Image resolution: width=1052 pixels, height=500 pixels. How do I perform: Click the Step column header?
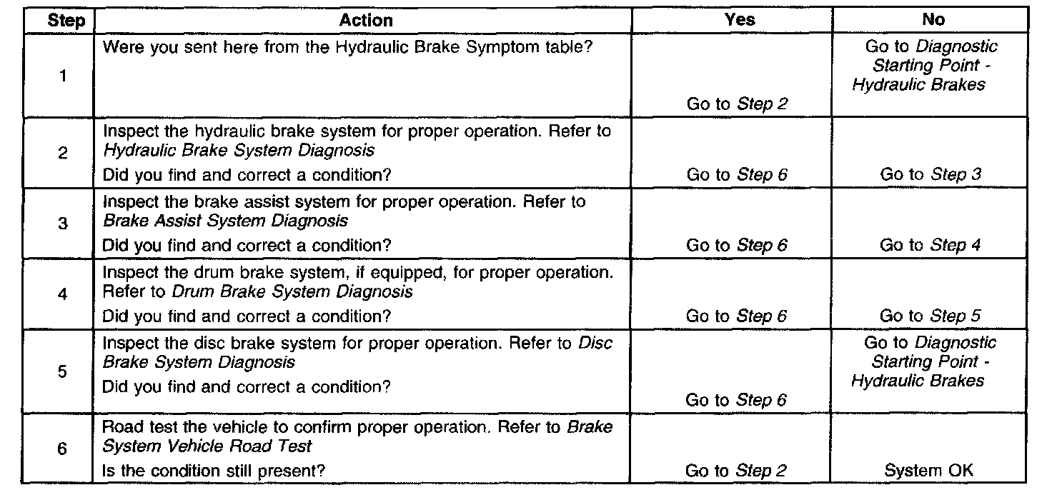pyautogui.click(x=66, y=21)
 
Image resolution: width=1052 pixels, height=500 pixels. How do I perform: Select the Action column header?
pyautogui.click(x=366, y=21)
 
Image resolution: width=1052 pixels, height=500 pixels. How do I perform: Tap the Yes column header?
pyautogui.click(x=740, y=20)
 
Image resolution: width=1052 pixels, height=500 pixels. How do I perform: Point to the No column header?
pyautogui.click(x=933, y=20)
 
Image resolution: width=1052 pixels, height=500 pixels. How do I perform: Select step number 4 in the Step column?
pyautogui.click(x=64, y=294)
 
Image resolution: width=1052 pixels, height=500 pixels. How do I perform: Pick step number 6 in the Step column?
pyautogui.click(x=64, y=449)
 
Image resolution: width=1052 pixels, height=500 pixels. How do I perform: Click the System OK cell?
pyautogui.click(x=929, y=471)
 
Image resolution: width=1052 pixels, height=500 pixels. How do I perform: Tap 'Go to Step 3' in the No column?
pyautogui.click(x=931, y=174)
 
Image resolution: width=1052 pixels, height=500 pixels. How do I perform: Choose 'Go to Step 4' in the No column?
pyautogui.click(x=931, y=245)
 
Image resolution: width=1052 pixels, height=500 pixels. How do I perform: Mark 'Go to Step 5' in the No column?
pyautogui.click(x=931, y=316)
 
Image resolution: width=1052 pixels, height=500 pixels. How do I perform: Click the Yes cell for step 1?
pyautogui.click(x=737, y=104)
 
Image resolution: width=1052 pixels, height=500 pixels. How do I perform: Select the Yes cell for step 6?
pyautogui.click(x=737, y=471)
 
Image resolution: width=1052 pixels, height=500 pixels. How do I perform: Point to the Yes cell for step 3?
pyautogui.click(x=737, y=246)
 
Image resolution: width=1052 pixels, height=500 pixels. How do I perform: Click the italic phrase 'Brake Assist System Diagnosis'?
pyautogui.click(x=226, y=221)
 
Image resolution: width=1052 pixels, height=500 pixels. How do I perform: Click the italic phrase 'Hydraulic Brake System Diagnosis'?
pyautogui.click(x=239, y=150)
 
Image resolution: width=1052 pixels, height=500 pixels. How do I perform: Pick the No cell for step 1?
pyautogui.click(x=931, y=65)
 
